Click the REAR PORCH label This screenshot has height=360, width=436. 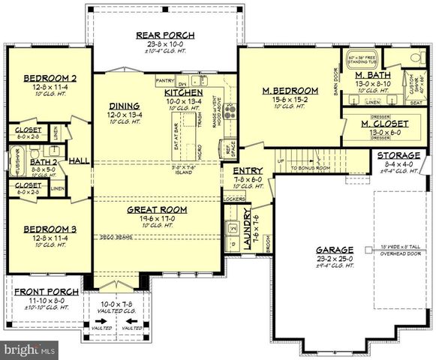pyautogui.click(x=165, y=34)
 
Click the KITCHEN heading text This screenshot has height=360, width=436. pyautogui.click(x=184, y=92)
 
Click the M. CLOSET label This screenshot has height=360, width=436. pyautogui.click(x=385, y=123)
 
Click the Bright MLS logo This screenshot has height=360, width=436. pyautogui.click(x=30, y=349)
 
